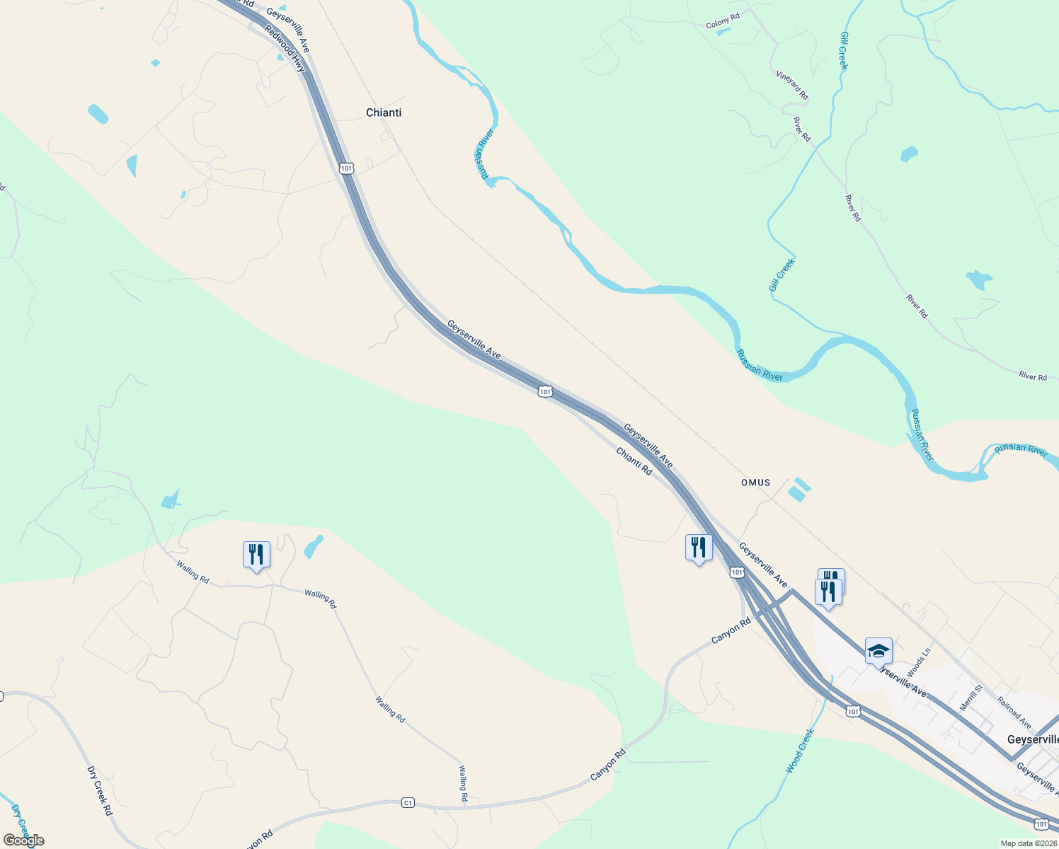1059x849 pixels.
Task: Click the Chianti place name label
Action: point(384,112)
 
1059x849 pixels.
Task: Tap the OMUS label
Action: point(755,483)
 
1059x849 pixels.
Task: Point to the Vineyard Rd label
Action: point(792,85)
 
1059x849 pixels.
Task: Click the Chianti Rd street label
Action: point(634,461)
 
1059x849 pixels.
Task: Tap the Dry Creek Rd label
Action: point(100,790)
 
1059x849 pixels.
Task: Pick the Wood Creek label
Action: point(801,751)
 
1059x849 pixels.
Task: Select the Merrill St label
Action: point(971,698)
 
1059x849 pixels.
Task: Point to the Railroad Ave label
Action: point(1014,712)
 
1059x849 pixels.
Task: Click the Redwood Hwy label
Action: point(285,48)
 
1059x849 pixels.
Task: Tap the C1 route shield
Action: point(408,802)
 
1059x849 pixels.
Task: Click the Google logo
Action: point(24,841)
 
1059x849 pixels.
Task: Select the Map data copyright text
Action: point(1028,843)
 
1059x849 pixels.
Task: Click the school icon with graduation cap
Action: point(878,651)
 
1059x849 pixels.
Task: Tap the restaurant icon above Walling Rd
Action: point(256,555)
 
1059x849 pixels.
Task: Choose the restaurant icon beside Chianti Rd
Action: point(699,548)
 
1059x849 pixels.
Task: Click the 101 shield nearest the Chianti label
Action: point(345,168)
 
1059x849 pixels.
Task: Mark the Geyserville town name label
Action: point(1033,739)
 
